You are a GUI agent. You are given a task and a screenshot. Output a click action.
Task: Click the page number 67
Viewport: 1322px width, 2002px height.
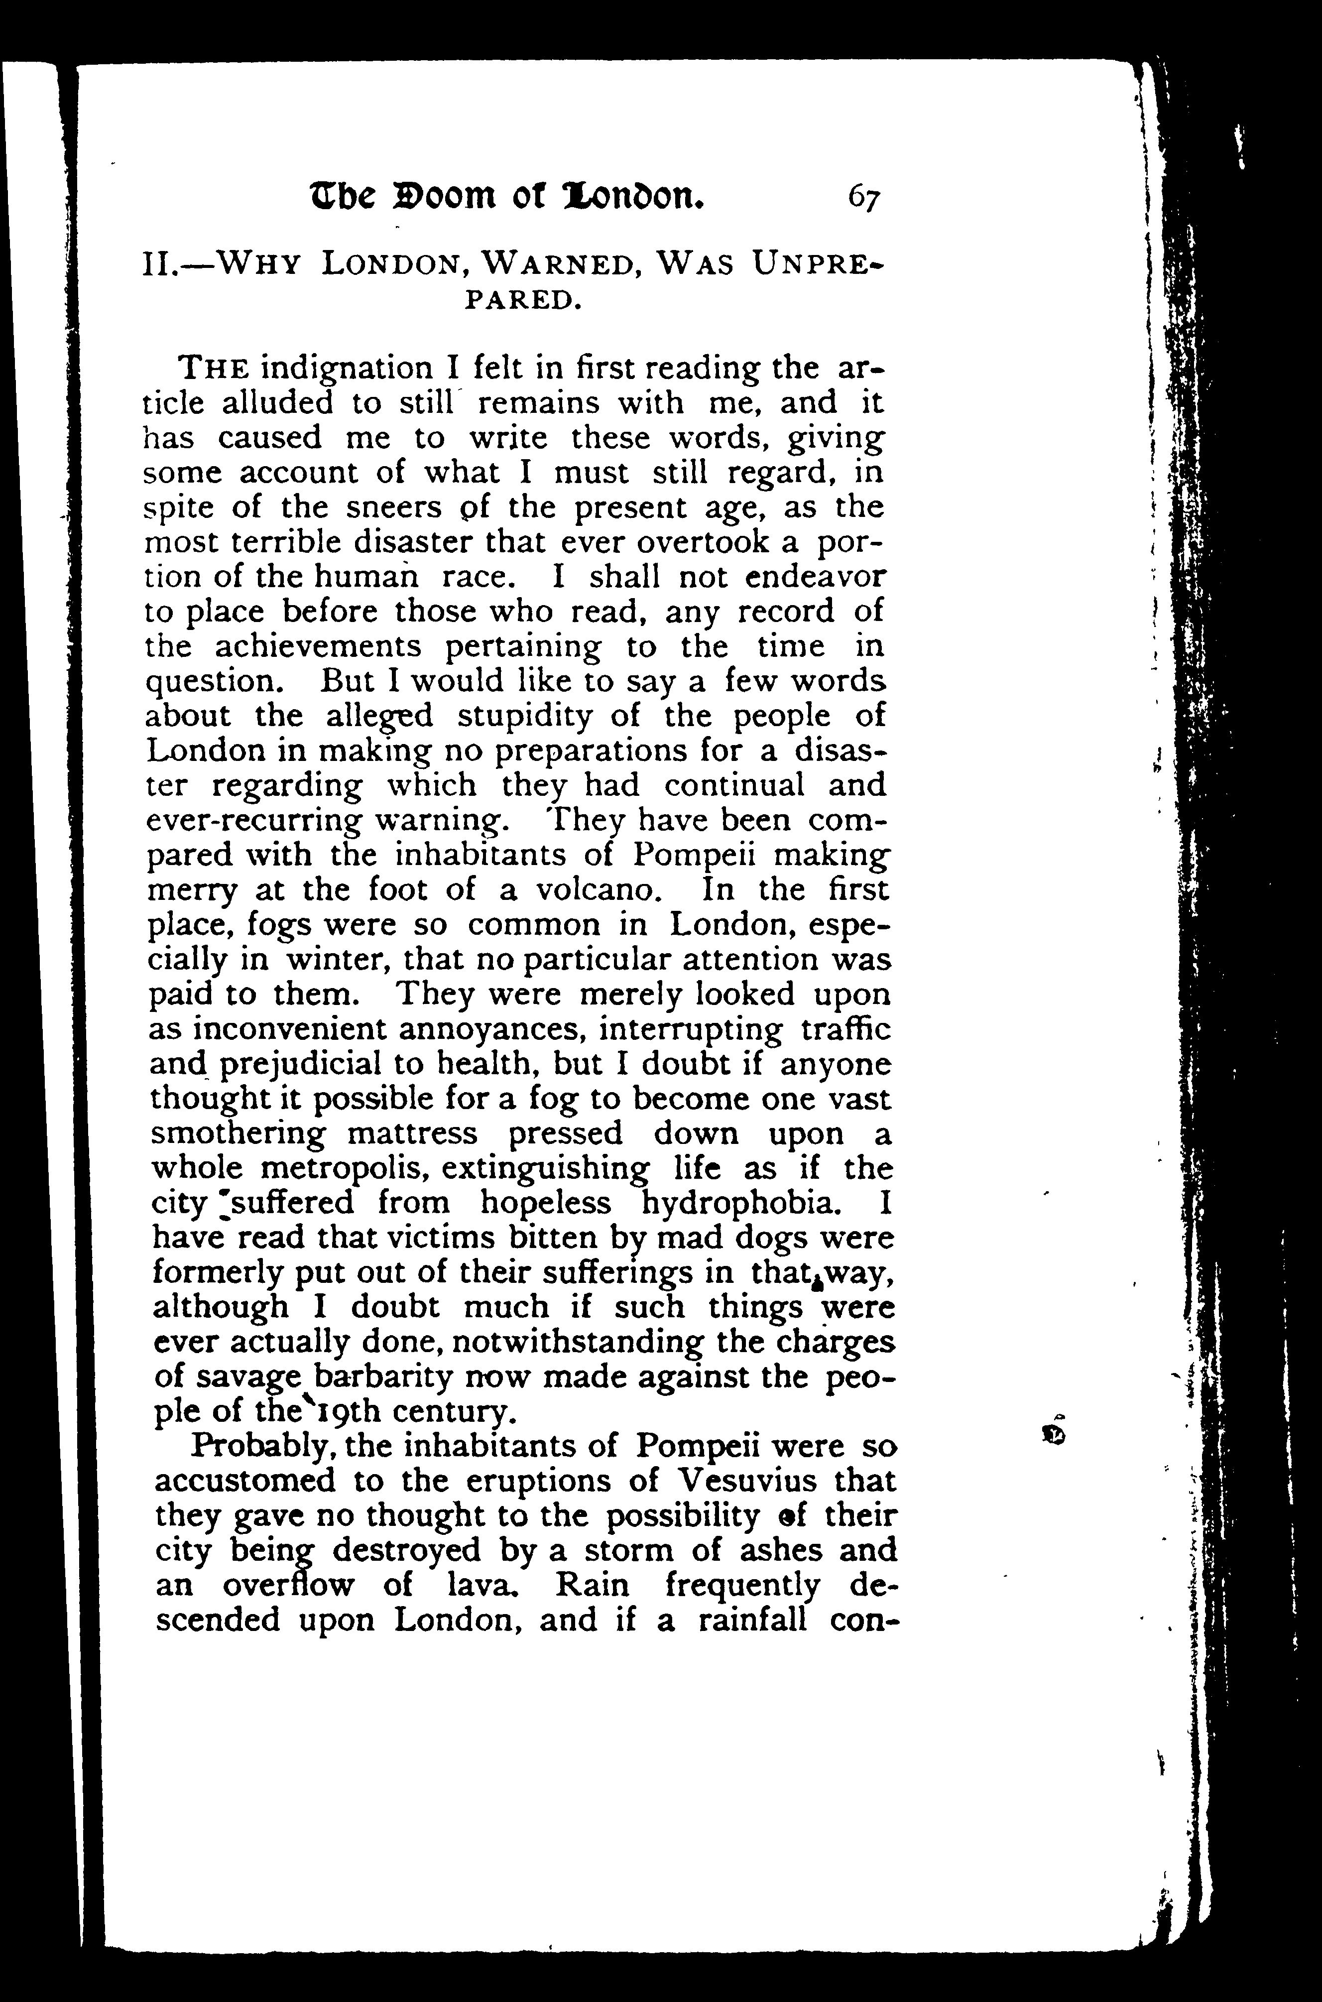tap(864, 199)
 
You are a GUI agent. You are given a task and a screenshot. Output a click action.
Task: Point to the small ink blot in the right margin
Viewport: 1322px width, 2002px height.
tap(1054, 1434)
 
